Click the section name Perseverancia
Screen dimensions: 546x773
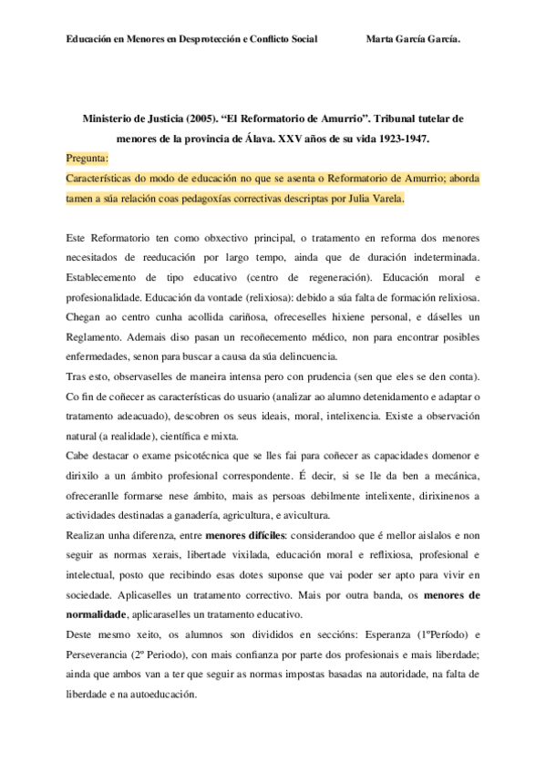click(x=108, y=654)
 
